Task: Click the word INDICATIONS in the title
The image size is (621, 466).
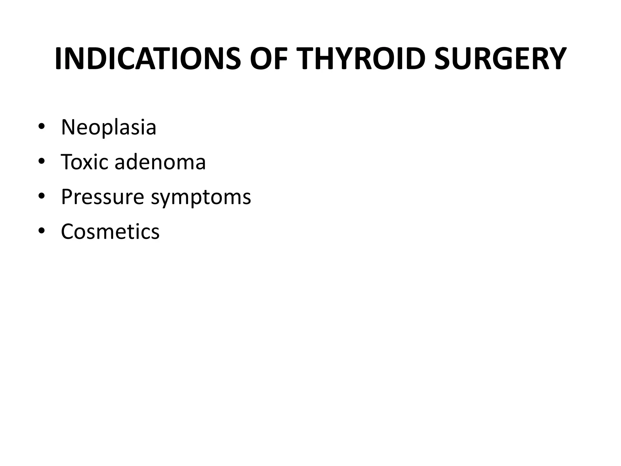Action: coord(148,59)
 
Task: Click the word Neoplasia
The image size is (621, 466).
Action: coord(109,127)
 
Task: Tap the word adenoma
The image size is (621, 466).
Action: coord(160,162)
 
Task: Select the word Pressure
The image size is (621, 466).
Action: coord(102,197)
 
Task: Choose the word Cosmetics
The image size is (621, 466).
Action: coord(110,231)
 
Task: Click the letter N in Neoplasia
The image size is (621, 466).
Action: coord(68,127)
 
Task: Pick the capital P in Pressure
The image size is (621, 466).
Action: coord(67,197)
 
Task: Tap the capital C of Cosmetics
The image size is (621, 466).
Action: coord(68,231)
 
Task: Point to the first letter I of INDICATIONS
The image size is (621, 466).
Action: coord(59,59)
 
